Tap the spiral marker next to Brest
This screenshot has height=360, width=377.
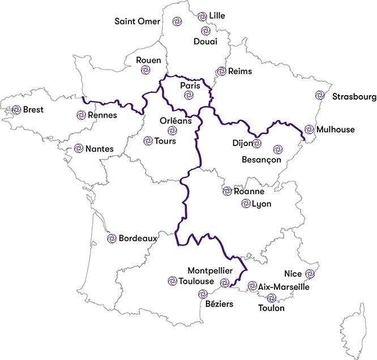[x=16, y=110]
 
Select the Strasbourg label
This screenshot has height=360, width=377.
[x=354, y=97]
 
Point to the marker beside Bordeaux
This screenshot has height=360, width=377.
[x=112, y=238]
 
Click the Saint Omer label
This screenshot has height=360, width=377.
[x=138, y=22]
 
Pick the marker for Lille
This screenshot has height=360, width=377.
[x=202, y=17]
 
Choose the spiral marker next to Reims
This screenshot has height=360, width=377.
[x=221, y=71]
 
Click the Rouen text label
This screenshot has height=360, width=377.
[x=149, y=61]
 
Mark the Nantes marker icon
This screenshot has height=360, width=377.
[x=79, y=149]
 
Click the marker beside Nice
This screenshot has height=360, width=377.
[x=309, y=274]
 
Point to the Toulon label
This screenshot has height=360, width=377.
[x=271, y=308]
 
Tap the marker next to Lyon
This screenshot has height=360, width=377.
[x=245, y=204]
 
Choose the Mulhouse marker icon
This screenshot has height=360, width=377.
[x=309, y=130]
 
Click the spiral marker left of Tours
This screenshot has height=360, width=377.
[x=148, y=140]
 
